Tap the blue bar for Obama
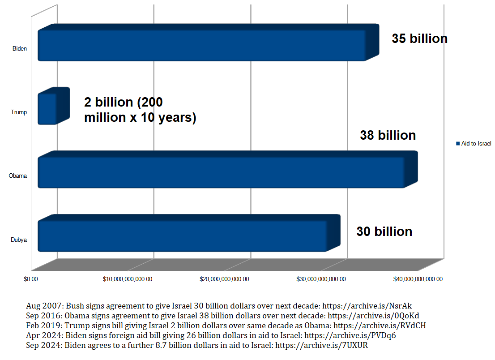click(221, 172)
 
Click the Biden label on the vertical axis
click(20, 48)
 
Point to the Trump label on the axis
click(19, 112)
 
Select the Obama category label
click(18, 176)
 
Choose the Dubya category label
click(19, 240)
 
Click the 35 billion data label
click(419, 39)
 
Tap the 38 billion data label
click(388, 135)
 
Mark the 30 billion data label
click(384, 231)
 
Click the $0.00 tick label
click(31, 279)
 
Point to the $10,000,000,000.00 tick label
click(128, 279)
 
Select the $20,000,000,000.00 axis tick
click(224, 279)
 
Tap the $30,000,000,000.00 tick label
click(321, 279)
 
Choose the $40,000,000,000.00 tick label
click(418, 279)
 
